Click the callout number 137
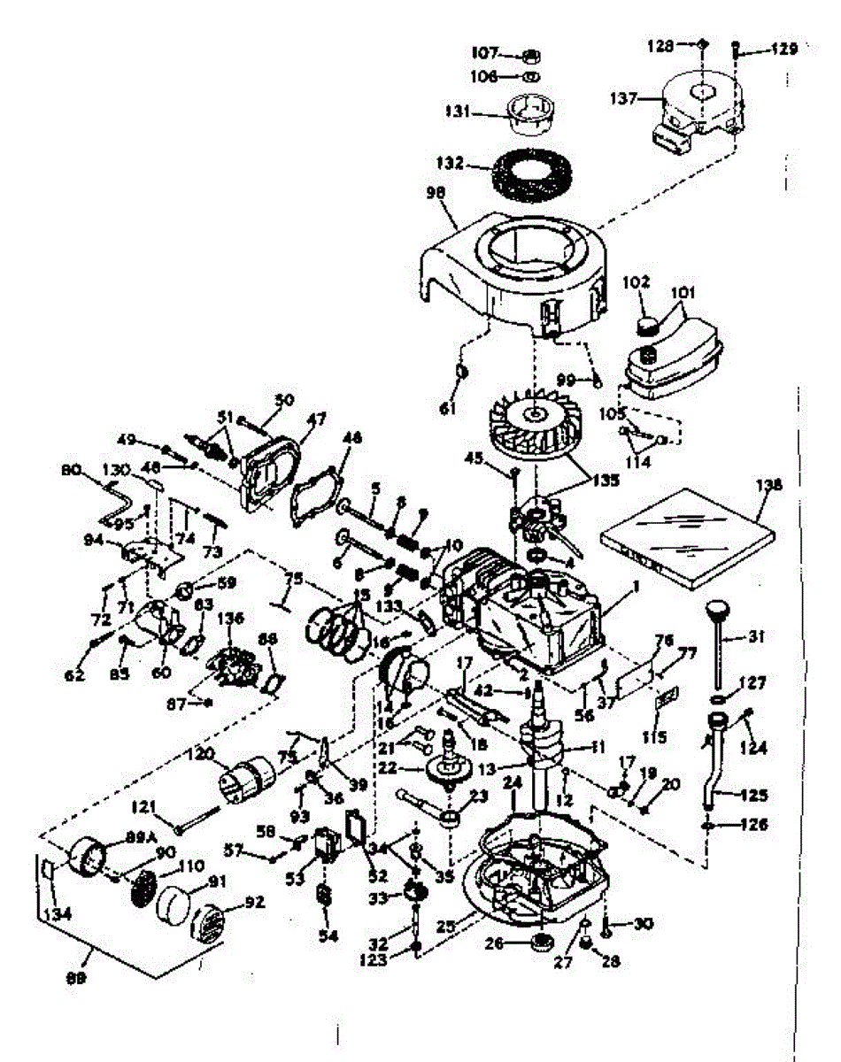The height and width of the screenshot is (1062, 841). pyautogui.click(x=625, y=99)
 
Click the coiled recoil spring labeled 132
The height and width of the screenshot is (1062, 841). pyautogui.click(x=529, y=174)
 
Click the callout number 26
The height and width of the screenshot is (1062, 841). pyautogui.click(x=493, y=944)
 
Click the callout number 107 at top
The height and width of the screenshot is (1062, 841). pyautogui.click(x=489, y=53)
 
